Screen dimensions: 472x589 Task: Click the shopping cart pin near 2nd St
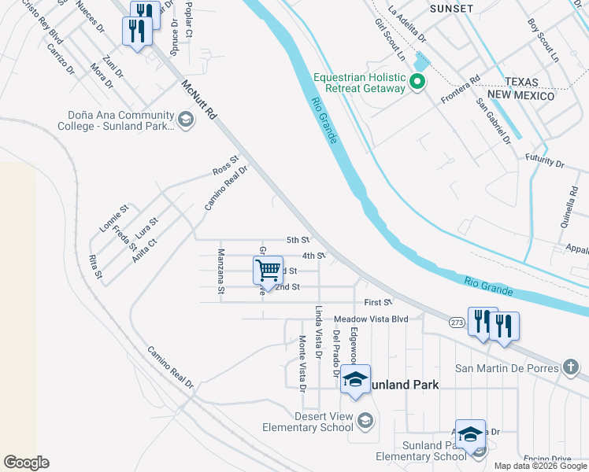(269, 271)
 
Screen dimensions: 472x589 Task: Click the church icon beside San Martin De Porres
(572, 367)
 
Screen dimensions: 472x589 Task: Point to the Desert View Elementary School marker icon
(363, 420)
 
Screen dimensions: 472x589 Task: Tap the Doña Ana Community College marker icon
(186, 120)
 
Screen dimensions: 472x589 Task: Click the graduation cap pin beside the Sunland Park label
(355, 380)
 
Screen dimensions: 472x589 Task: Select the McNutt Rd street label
(198, 98)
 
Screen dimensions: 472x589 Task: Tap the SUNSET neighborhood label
(451, 8)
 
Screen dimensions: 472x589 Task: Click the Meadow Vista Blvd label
(371, 319)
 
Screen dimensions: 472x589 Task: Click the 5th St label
(298, 240)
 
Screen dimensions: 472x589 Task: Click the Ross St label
(224, 166)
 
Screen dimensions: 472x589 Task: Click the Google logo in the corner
(26, 463)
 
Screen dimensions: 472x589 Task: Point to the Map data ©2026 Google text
(539, 466)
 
